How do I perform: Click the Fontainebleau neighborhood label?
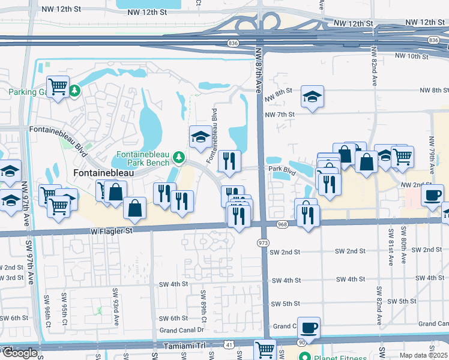coord(103,172)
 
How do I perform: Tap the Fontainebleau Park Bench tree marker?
coord(178,157)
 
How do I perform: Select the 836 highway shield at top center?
coord(233,43)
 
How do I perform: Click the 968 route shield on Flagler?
coord(283,224)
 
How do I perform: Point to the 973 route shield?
coord(262,242)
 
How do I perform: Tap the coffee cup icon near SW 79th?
coord(432,194)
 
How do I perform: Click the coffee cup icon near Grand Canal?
coord(309,328)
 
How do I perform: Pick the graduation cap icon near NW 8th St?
coord(312,96)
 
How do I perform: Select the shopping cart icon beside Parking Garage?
coord(58,87)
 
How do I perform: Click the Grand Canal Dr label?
coord(182,331)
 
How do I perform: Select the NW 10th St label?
coord(412,56)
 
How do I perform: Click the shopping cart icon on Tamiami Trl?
coord(265,350)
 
